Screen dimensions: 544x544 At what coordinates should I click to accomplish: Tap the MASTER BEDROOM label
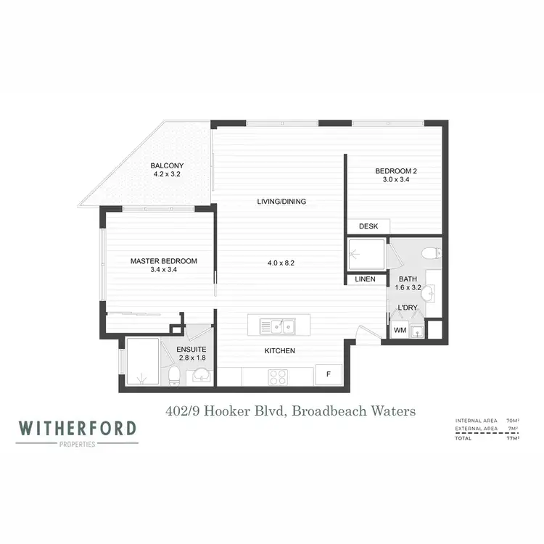pos(163,260)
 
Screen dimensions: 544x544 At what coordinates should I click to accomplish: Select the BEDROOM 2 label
pos(396,171)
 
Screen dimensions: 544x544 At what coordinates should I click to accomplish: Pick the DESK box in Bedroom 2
pos(368,226)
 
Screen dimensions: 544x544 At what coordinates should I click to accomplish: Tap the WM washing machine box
pos(400,331)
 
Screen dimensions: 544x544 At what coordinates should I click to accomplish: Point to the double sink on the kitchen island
pos(279,326)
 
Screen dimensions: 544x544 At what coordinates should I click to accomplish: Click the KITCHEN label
pos(279,351)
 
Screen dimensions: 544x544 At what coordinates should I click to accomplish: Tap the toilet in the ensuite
pos(175,374)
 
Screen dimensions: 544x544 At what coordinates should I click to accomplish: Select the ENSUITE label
pos(191,349)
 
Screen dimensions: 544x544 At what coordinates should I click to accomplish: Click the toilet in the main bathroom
pos(432,253)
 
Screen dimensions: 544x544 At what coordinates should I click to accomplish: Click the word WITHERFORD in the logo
pos(78,428)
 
